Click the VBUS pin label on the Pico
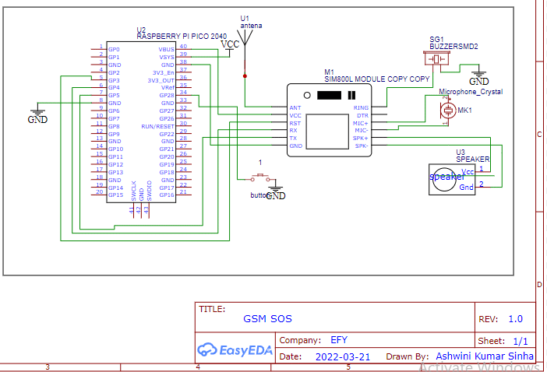pos(167,49)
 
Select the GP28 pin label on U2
pos(167,95)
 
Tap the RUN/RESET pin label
pos(157,125)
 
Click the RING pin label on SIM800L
pos(361,108)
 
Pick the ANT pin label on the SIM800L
pos(295,108)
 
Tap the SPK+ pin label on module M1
pos(361,138)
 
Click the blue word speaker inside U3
pos(446,177)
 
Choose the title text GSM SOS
pos(268,319)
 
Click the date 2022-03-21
pos(344,356)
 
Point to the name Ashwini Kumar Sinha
pos(485,356)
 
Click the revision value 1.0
pos(516,319)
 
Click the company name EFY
pos(339,340)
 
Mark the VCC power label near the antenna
pos(231,44)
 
